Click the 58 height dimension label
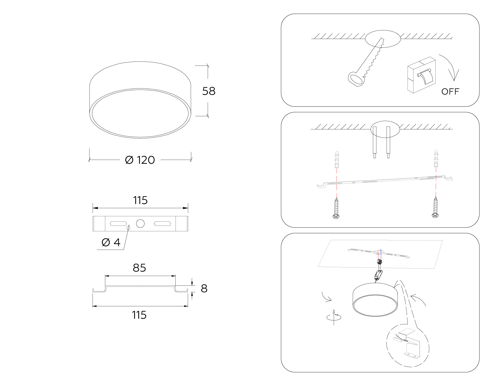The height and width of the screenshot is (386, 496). click(x=209, y=91)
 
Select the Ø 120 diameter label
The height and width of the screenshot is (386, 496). click(x=140, y=160)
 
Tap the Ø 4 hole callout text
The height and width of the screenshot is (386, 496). click(x=111, y=242)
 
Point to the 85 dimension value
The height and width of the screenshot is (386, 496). click(x=139, y=268)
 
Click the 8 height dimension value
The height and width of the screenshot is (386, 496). click(x=204, y=288)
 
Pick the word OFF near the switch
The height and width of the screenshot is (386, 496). click(x=450, y=92)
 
